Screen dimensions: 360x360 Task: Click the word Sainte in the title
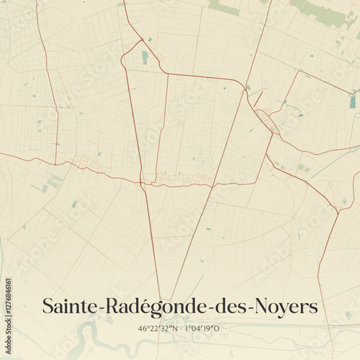72,306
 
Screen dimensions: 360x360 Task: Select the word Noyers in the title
285,306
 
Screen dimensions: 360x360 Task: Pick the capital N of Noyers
259,306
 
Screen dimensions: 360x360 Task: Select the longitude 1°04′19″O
204,329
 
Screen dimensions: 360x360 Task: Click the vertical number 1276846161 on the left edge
8,302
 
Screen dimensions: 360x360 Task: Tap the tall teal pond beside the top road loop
145,57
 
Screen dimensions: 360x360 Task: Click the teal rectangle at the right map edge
353,102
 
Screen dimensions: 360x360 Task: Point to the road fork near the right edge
337,210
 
